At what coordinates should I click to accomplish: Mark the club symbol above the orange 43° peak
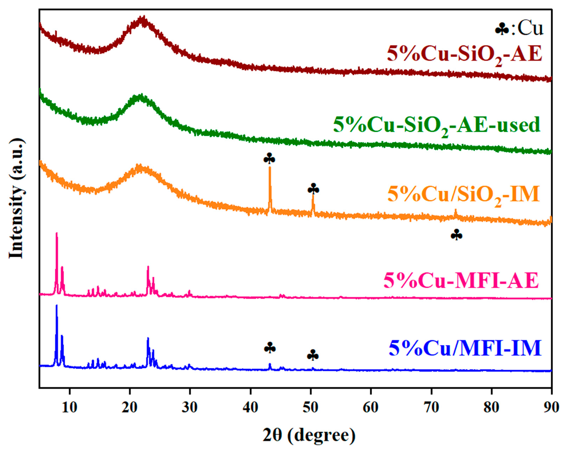[269, 159]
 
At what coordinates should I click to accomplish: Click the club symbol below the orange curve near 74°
[456, 235]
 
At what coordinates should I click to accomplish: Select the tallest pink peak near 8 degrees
[56, 234]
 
